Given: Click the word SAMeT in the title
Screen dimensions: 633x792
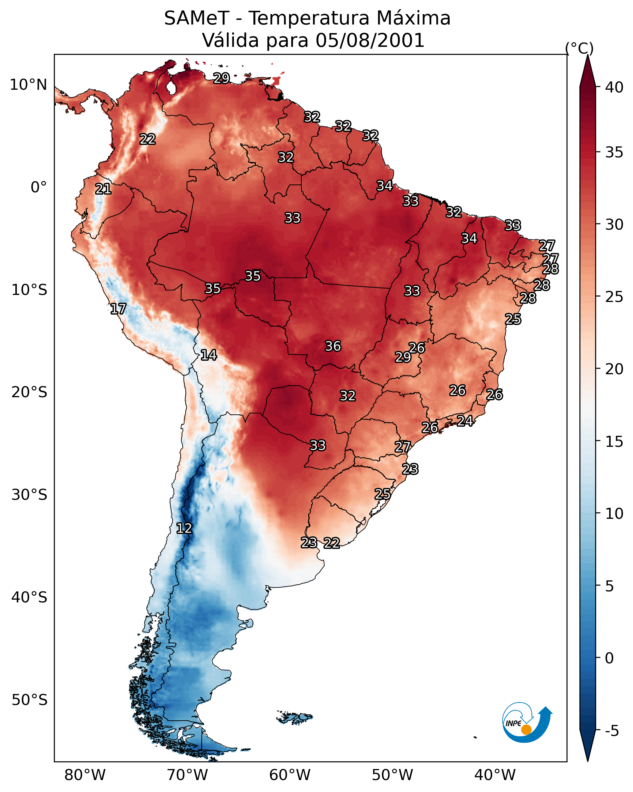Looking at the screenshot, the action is click(x=197, y=18).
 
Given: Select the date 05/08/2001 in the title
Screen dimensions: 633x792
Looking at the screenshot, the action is click(x=370, y=40).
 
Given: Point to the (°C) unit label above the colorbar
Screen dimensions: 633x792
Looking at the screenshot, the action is click(x=579, y=48).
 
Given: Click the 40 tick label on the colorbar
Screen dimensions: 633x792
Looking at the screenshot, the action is click(x=614, y=87).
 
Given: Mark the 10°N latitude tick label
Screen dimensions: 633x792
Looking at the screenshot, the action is click(x=28, y=85).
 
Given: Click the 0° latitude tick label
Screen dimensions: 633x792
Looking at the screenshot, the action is click(x=39, y=187).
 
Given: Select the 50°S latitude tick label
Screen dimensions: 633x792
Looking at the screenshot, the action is click(x=29, y=700).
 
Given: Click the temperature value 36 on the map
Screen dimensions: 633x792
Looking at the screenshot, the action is click(x=333, y=346).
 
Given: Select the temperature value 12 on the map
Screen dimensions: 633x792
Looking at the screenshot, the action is click(x=184, y=528).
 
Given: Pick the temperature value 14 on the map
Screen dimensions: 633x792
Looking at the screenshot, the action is click(x=209, y=355).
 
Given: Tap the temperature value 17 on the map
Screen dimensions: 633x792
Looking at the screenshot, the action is click(x=118, y=309).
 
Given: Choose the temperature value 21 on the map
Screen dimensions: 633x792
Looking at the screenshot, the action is click(x=103, y=189).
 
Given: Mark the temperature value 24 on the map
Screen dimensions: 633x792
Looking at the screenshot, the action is click(x=465, y=421).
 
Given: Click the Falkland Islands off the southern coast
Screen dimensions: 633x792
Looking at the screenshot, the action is click(x=294, y=718).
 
